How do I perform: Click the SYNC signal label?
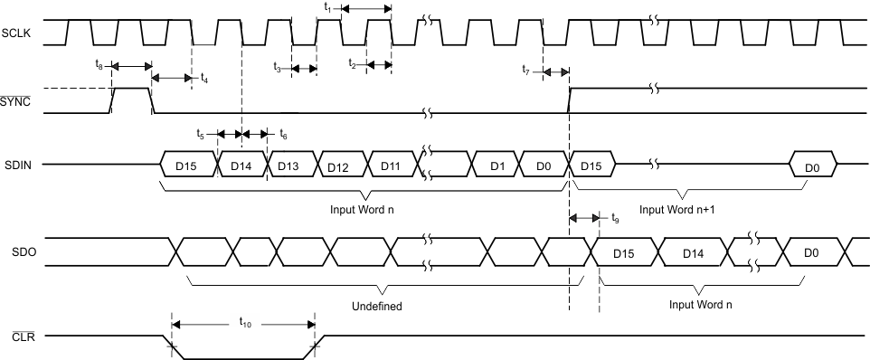16,101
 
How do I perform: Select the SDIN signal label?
15,165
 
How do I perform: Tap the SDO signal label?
14,251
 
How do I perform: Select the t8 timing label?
99,65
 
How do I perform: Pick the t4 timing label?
204,79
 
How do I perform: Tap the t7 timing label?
527,69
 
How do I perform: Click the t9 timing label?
616,218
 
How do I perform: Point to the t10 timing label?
245,321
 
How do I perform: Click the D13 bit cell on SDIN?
288,166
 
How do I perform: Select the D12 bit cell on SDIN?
338,166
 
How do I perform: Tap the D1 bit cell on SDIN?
496,166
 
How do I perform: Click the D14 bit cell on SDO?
691,252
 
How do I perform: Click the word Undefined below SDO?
377,306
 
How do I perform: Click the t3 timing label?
279,67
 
